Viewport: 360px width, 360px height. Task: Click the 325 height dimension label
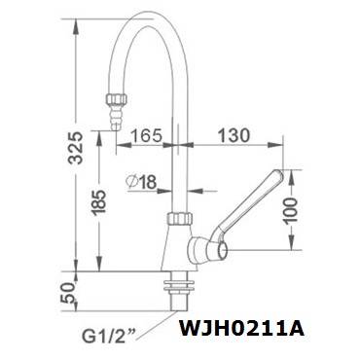point(76,148)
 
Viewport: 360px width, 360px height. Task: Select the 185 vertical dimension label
point(98,202)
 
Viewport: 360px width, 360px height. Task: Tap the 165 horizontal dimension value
point(146,135)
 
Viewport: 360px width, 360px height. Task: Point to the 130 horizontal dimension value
point(234,135)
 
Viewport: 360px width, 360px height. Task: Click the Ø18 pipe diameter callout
point(142,182)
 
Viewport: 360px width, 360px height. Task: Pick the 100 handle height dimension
point(290,211)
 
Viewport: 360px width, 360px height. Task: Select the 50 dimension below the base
point(67,292)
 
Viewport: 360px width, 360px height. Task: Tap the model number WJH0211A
point(242,329)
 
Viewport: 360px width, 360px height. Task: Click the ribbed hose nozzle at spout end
point(116,118)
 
